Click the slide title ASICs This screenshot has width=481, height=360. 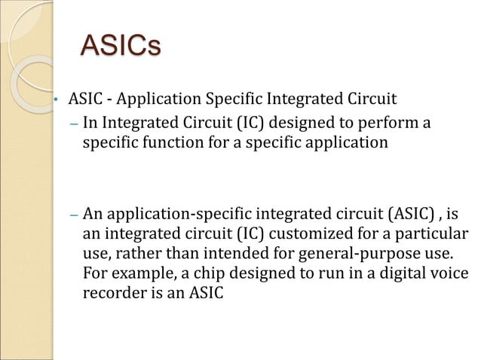[x=120, y=45]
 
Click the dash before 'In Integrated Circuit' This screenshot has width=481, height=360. [x=73, y=122]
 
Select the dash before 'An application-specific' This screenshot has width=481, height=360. [x=73, y=213]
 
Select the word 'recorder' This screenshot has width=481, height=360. [x=112, y=291]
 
